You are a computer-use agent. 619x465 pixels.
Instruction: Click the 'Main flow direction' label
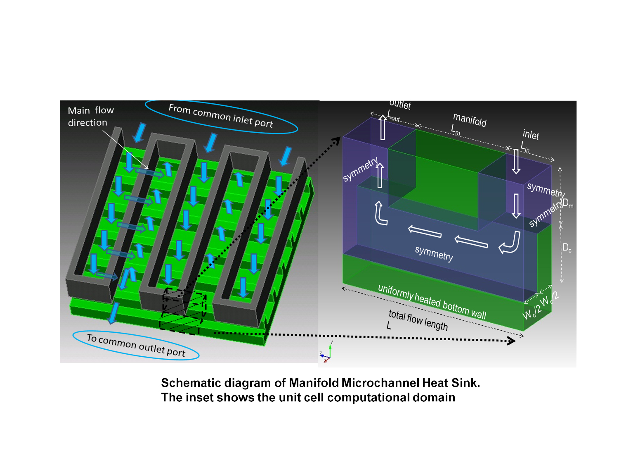[90, 117]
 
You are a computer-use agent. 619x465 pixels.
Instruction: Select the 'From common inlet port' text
[221, 116]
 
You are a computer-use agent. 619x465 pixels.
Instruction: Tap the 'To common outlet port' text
[136, 345]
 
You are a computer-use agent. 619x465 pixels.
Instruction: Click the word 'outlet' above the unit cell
[400, 105]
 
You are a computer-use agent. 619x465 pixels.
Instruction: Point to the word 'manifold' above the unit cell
[470, 120]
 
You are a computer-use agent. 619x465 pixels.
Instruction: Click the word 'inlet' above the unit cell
[531, 135]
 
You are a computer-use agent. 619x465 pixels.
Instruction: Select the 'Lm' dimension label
[455, 130]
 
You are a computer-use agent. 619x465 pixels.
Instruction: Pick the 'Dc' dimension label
[567, 248]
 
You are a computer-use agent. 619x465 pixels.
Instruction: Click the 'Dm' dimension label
[568, 203]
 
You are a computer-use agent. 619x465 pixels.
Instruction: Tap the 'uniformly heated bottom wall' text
[432, 302]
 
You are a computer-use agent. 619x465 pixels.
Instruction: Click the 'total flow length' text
[418, 320]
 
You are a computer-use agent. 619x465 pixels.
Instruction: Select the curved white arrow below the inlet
[510, 243]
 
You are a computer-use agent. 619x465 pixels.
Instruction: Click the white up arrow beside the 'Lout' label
[383, 127]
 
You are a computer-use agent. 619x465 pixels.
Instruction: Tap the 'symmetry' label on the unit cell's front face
[434, 253]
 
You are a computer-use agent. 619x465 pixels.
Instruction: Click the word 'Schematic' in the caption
[188, 383]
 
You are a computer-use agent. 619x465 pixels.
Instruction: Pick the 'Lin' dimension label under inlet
[524, 147]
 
